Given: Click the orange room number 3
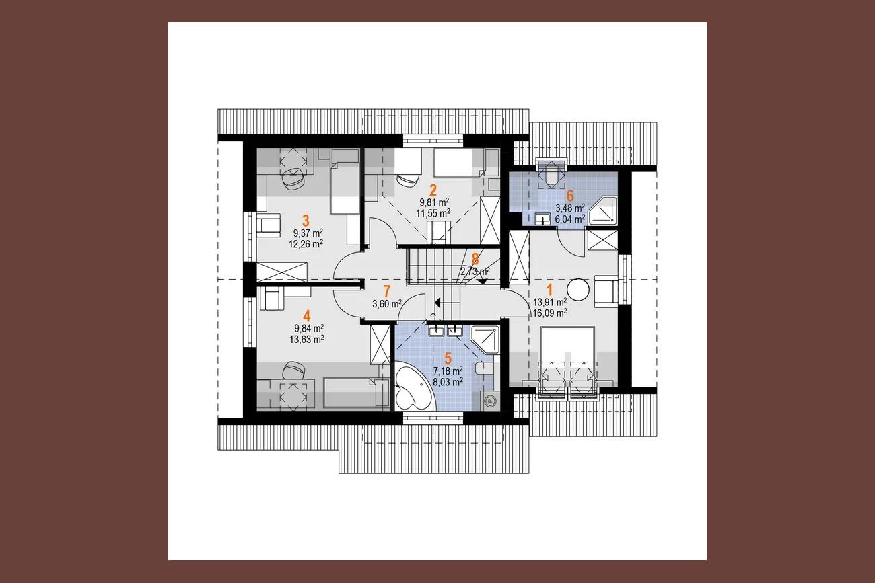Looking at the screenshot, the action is (306, 221).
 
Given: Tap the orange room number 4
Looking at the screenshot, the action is (307, 316).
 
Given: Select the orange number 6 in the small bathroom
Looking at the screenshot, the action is (570, 196).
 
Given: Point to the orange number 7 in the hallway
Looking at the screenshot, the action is (387, 292).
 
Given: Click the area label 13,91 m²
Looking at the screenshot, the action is (550, 302).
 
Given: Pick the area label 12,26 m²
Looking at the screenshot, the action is (306, 244).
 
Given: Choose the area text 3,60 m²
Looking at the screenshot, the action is (387, 304).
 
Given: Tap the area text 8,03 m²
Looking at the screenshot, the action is (448, 382).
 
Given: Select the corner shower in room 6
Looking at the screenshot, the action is (602, 210).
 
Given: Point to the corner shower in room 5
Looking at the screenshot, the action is (485, 340).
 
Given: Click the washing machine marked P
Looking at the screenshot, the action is (490, 400).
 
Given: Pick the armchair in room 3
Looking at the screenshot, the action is (269, 225).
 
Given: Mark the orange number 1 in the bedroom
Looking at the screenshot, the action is (550, 290).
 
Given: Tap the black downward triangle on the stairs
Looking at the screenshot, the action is (483, 281).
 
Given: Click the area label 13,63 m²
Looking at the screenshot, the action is (307, 340).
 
